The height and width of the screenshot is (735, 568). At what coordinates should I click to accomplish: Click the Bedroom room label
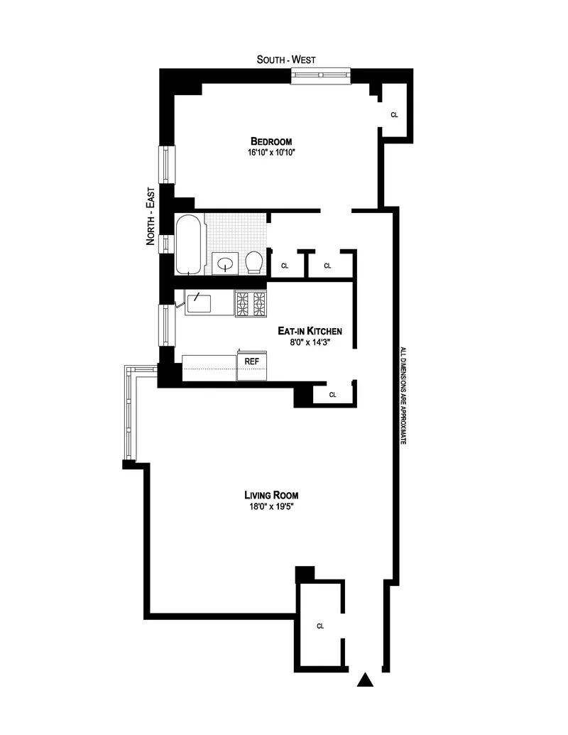tap(271, 141)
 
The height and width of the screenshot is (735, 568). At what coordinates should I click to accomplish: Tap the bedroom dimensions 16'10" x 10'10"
tap(271, 152)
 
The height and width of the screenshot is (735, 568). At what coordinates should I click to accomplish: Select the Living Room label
tap(271, 495)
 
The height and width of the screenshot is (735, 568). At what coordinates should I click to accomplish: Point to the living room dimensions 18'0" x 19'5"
tap(271, 506)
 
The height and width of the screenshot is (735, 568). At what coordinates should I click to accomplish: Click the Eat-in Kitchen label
tap(310, 331)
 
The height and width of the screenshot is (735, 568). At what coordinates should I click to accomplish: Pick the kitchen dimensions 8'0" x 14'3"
tap(310, 342)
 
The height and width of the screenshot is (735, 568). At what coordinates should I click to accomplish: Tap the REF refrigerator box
tap(251, 361)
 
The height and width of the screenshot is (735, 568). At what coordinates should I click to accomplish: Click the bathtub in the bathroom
tap(188, 244)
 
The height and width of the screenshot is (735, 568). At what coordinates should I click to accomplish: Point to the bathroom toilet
tap(255, 262)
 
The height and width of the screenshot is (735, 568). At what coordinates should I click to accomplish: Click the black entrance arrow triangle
tap(365, 680)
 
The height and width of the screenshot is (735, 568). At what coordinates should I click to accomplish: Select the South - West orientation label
tap(286, 60)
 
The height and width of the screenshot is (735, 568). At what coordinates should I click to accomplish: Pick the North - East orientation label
tap(151, 221)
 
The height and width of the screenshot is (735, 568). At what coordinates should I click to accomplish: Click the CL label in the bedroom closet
tap(394, 114)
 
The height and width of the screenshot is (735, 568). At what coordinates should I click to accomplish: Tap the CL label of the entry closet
tap(320, 626)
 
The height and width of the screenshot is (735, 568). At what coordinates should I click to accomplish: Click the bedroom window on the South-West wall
tap(321, 74)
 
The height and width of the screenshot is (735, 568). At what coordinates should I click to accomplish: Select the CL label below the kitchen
tap(332, 395)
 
